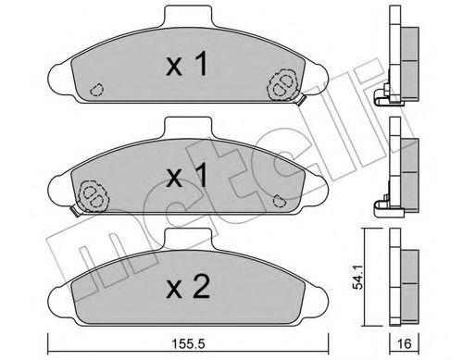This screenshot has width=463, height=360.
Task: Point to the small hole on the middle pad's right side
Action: tap(280, 197)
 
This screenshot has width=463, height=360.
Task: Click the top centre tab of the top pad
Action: tap(185, 18)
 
